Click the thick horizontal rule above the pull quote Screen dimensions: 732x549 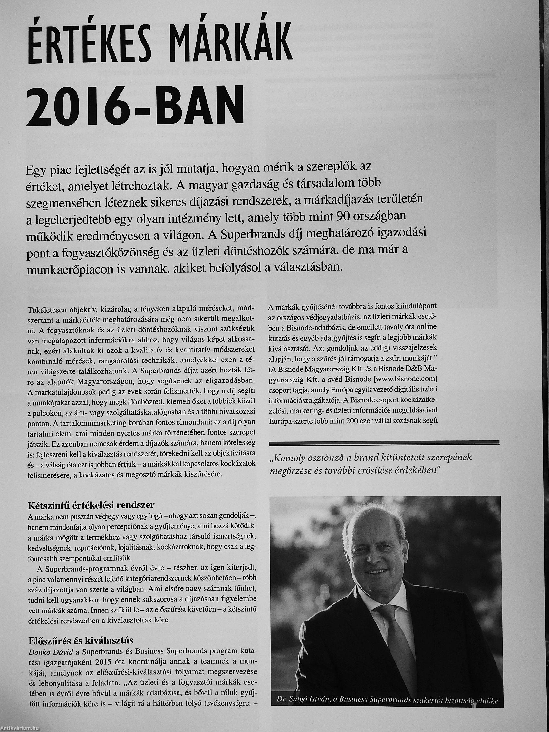point(384,442)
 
